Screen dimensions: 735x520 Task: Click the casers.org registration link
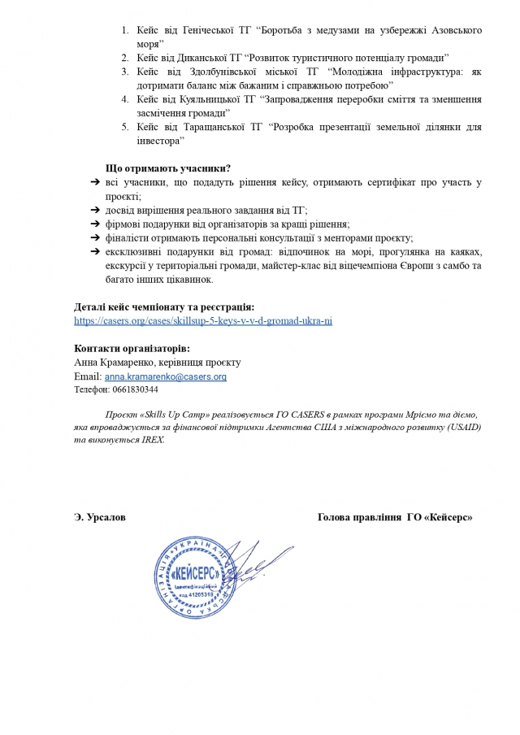(x=203, y=321)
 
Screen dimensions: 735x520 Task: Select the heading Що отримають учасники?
(x=168, y=168)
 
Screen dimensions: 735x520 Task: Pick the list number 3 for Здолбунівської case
(x=125, y=72)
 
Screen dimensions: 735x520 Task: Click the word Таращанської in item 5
(x=198, y=127)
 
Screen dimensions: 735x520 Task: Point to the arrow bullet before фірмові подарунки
(x=95, y=224)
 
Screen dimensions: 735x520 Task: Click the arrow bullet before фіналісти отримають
(x=95, y=237)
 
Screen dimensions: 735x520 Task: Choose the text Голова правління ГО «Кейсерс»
(x=394, y=517)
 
